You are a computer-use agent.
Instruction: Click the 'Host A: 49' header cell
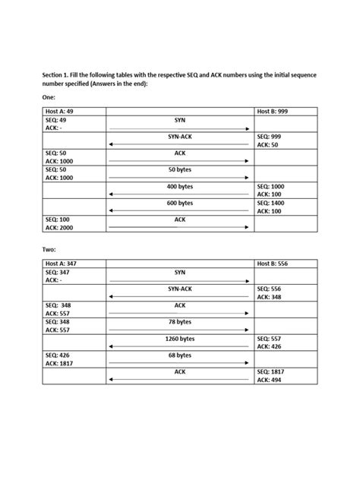pos(62,112)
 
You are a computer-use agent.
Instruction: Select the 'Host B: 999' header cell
pos(273,112)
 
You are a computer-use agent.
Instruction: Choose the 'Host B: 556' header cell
pos(273,263)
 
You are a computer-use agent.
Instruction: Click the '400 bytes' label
pos(179,186)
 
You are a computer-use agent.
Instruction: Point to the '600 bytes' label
pos(179,203)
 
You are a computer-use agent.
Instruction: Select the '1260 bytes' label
pos(179,338)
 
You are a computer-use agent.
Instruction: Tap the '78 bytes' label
pos(179,322)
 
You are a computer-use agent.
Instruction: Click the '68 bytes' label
pos(179,355)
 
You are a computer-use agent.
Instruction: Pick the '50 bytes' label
pos(179,169)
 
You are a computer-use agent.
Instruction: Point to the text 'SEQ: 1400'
pos(271,203)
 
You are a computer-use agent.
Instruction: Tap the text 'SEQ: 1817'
pos(271,371)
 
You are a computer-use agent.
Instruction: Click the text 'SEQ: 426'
pos(58,355)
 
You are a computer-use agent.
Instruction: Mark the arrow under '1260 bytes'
pos(179,346)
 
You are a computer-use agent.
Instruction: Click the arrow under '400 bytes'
pos(179,194)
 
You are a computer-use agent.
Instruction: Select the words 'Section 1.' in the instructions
pos(56,76)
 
